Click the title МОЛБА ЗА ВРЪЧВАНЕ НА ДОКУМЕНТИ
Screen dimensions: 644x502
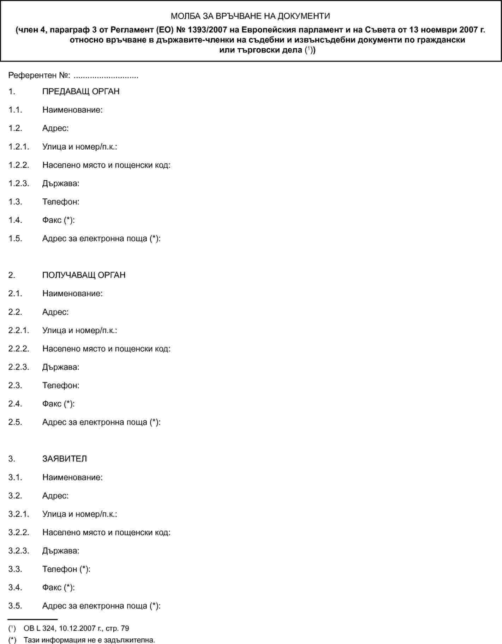click(x=250, y=16)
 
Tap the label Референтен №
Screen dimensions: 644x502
click(x=39, y=75)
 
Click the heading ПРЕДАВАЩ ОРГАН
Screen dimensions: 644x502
click(x=81, y=91)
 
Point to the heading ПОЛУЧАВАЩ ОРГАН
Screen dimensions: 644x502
click(x=84, y=275)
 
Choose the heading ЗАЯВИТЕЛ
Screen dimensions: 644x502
click(x=65, y=459)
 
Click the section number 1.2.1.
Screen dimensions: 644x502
click(x=19, y=146)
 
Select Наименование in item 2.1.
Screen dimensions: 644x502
click(x=72, y=293)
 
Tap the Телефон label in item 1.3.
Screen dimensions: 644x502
click(x=61, y=201)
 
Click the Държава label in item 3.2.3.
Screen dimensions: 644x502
click(x=61, y=550)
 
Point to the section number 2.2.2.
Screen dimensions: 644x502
click(x=19, y=349)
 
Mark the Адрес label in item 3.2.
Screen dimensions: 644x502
click(x=55, y=495)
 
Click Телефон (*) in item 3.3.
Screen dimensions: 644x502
click(x=66, y=569)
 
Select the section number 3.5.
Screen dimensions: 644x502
click(x=15, y=606)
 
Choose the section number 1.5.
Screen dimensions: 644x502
click(x=15, y=238)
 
